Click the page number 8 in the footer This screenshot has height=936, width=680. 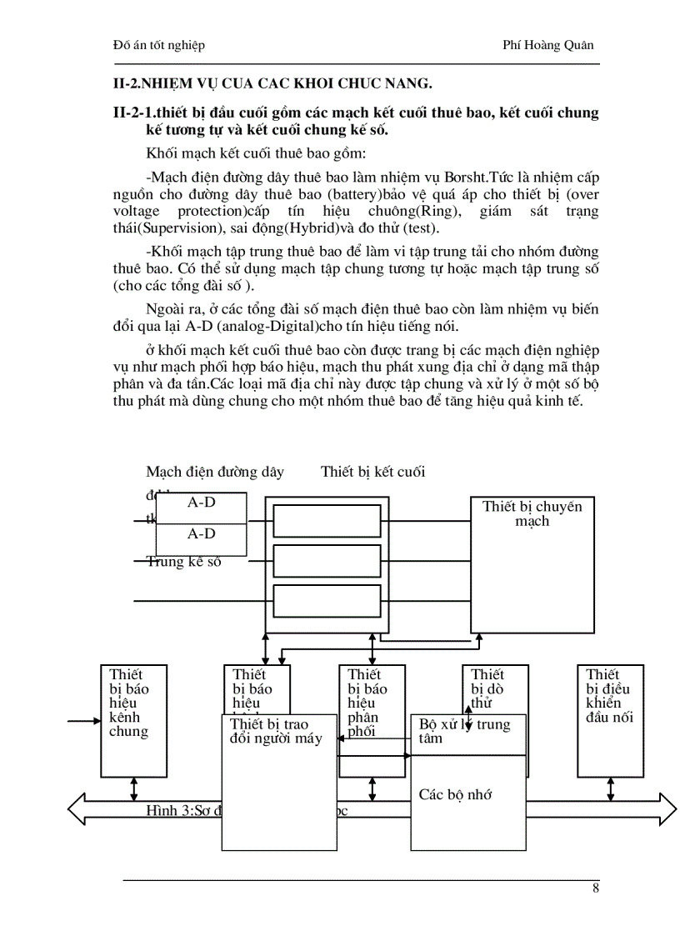pos(596,888)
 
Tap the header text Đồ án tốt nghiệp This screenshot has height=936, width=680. pos(158,45)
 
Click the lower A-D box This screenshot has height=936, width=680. pos(201,534)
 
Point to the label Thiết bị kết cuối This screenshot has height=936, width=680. pos(372,472)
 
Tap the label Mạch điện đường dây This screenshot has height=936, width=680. pos(215,472)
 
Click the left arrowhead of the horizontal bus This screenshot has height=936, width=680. pos(77,808)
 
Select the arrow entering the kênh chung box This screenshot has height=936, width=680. pos(83,720)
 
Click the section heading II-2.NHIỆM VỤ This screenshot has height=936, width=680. pos(272,82)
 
